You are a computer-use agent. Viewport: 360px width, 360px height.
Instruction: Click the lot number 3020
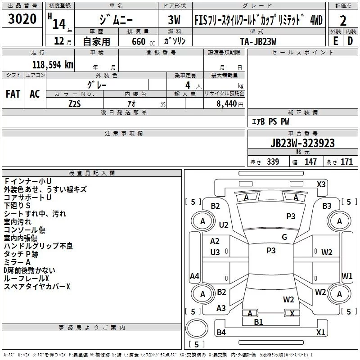coord(22,20)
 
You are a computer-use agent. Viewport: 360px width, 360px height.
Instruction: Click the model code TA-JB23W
coord(258,41)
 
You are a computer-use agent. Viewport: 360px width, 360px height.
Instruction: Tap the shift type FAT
coord(13,94)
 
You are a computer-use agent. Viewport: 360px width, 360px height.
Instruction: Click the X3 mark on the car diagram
coord(321,184)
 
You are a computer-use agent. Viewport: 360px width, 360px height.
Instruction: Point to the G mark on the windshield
coord(284,237)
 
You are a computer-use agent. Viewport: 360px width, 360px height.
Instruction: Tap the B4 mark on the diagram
coord(221,333)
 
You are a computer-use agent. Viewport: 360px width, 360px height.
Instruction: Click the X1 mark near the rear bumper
coord(321,333)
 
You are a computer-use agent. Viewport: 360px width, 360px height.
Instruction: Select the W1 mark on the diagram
coord(347,275)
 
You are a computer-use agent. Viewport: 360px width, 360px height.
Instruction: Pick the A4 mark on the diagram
coord(195,276)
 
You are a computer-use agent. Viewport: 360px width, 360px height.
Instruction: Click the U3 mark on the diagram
coord(215,252)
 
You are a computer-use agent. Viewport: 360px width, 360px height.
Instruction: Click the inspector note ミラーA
coord(17,262)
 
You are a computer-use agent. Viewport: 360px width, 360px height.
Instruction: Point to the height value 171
coord(346,162)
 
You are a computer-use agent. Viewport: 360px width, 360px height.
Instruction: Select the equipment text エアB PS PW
coord(270,122)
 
